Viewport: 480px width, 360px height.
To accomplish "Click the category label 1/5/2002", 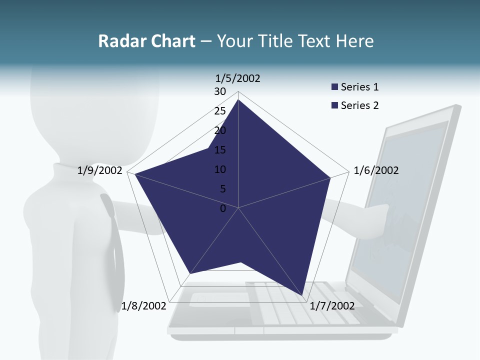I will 237,78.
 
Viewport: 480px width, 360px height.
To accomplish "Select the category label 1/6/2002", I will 376,170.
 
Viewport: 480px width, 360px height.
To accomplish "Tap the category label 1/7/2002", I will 332,306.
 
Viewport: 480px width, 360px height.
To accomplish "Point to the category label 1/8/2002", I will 143,306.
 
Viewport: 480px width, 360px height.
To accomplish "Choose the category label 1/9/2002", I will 100,170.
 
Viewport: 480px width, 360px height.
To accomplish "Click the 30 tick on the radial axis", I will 220,91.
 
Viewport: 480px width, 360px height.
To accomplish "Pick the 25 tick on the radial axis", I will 220,111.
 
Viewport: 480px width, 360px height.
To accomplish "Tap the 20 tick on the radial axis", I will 220,130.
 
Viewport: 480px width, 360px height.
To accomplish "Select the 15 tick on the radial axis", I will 220,150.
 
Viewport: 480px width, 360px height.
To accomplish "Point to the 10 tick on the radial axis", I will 220,169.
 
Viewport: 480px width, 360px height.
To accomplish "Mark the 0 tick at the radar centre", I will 223,208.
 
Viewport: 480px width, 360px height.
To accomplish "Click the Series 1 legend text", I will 359,87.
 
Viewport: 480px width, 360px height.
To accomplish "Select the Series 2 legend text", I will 359,105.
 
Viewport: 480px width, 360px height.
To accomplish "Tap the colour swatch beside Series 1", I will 334,87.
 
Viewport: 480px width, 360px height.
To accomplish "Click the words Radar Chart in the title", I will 146,41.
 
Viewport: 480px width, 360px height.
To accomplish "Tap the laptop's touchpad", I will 220,298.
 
